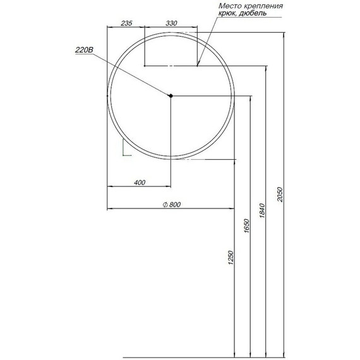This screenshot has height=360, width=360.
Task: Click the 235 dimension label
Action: pos(126,23)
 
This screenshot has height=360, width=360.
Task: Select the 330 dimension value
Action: pos(171,23)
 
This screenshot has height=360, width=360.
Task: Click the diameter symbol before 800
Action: pos(164,204)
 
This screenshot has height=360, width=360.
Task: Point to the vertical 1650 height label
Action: pos(248,225)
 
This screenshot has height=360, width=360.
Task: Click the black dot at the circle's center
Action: pos(171,95)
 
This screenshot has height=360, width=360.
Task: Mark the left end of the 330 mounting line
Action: pos(145,65)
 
